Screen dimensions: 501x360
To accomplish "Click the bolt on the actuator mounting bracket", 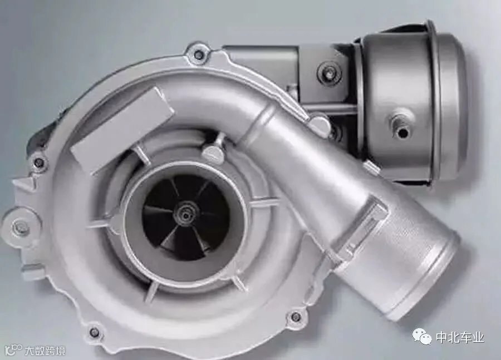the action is pyautogui.click(x=330, y=71).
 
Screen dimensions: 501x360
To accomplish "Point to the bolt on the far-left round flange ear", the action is pyautogui.click(x=21, y=228).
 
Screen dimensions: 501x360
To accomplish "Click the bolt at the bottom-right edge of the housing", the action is pyautogui.click(x=296, y=317).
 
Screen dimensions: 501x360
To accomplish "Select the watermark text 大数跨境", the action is pyautogui.click(x=45, y=351).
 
